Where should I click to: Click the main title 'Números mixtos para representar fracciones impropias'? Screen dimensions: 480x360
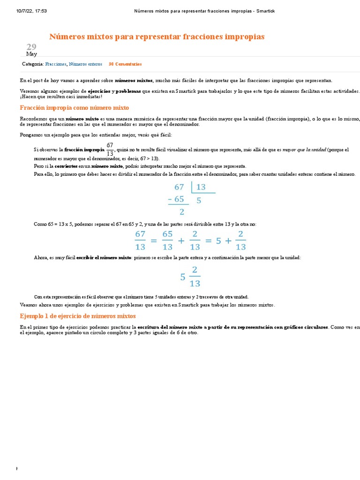[157, 37]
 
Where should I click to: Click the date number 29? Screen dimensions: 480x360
[31, 46]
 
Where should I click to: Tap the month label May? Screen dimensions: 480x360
[31, 54]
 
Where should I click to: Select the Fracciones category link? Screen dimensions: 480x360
[56, 64]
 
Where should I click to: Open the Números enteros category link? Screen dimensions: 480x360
[85, 64]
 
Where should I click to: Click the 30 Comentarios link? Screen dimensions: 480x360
[125, 64]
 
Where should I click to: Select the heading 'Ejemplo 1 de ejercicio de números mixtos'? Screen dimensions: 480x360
[78, 316]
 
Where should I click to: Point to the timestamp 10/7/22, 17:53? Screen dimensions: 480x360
[31, 11]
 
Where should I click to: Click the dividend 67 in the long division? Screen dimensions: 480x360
[179, 187]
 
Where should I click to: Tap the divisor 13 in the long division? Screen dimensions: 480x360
[201, 187]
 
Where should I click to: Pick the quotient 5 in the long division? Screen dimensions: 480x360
[199, 200]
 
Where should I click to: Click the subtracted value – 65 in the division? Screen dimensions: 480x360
[176, 199]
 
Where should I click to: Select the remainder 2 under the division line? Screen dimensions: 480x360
[182, 211]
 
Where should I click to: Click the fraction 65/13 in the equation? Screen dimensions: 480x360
[167, 240]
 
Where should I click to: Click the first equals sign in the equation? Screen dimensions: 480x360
[153, 241]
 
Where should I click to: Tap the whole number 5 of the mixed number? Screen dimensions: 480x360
[183, 277]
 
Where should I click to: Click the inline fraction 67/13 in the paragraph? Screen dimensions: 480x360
[110, 149]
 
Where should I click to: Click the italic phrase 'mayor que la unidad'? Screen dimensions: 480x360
[304, 150]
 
